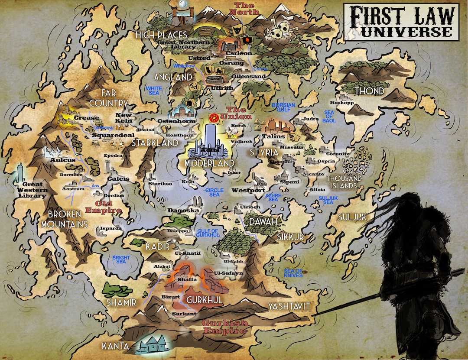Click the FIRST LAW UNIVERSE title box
[401, 22]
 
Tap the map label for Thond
[370, 91]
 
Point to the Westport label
[248, 190]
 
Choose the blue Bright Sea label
[121, 260]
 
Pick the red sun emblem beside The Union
[213, 117]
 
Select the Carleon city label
[238, 53]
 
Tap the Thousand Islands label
[344, 182]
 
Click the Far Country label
[108, 98]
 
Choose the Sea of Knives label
[293, 273]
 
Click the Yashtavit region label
[289, 307]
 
